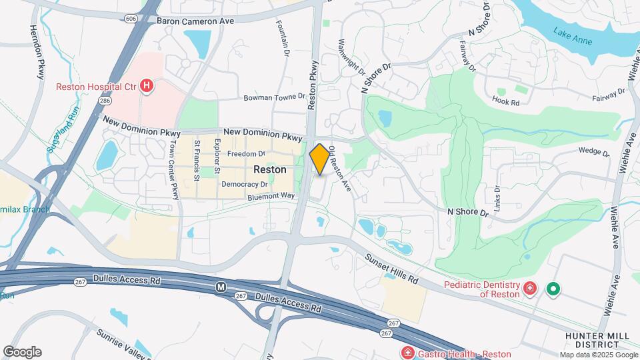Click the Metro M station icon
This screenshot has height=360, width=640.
220,287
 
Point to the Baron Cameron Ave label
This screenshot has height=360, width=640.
195,21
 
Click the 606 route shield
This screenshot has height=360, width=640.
131,19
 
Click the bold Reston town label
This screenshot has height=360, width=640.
270,170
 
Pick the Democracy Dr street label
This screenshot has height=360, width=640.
244,184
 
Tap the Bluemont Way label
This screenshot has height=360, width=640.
271,196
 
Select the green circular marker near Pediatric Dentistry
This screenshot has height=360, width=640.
553,289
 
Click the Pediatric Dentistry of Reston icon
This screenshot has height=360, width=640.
530,289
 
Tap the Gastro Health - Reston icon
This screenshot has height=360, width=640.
406,352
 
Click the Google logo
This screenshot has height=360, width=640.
22,352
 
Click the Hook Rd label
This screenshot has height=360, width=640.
505,102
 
